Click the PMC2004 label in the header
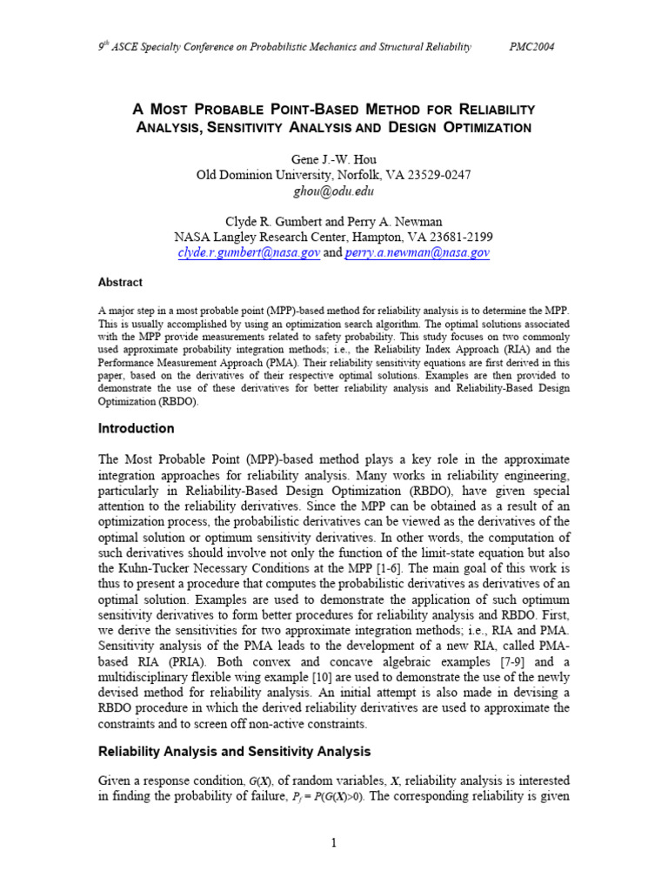point(531,47)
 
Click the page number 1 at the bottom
point(334,841)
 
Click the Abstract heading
point(120,283)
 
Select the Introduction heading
point(136,429)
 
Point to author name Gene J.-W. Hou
point(334,157)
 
